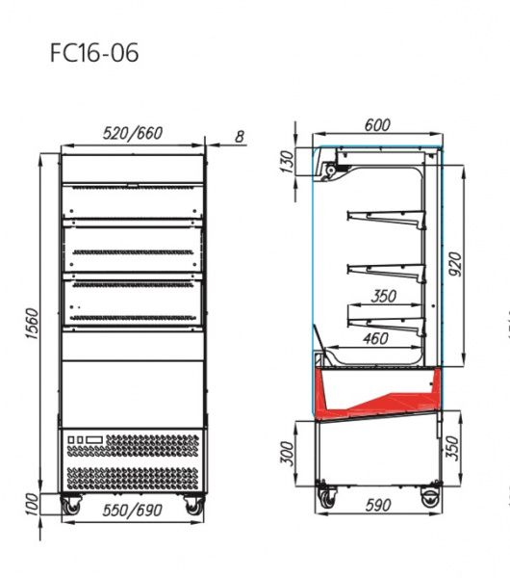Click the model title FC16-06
click(94, 52)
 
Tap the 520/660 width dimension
click(133, 133)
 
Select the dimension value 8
click(240, 137)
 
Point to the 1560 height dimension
click(33, 324)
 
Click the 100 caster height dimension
click(33, 504)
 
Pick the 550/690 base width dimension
click(132, 511)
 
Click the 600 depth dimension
click(377, 125)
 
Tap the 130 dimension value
click(288, 161)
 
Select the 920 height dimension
click(455, 264)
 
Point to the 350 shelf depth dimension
click(383, 296)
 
